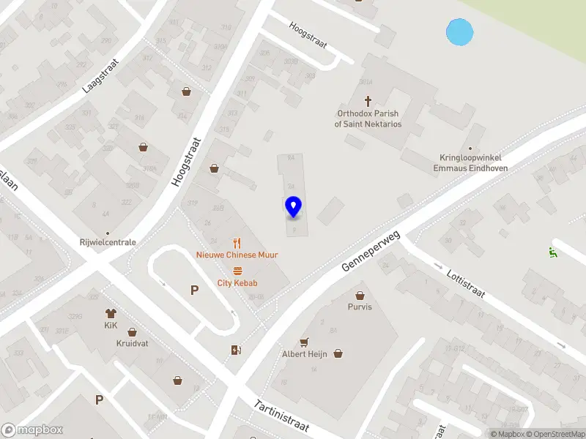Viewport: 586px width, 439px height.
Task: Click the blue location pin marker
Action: click(x=293, y=207)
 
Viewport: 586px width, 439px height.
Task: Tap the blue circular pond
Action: click(x=459, y=32)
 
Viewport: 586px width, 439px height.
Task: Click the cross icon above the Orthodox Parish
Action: click(x=368, y=100)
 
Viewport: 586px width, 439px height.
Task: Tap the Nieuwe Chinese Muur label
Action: click(x=237, y=255)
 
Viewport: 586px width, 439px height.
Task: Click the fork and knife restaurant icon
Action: click(x=237, y=242)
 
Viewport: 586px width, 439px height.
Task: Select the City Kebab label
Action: click(x=237, y=283)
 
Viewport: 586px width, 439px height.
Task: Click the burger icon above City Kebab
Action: click(x=237, y=271)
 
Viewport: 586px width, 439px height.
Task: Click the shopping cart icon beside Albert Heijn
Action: click(x=304, y=342)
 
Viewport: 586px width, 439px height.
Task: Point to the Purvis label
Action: click(x=360, y=307)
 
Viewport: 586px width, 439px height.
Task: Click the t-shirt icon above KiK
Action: click(x=111, y=313)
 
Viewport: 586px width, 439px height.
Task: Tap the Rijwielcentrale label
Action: click(x=108, y=242)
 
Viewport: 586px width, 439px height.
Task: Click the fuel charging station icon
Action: click(x=236, y=350)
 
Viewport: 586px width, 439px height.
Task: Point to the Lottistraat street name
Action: click(x=466, y=284)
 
